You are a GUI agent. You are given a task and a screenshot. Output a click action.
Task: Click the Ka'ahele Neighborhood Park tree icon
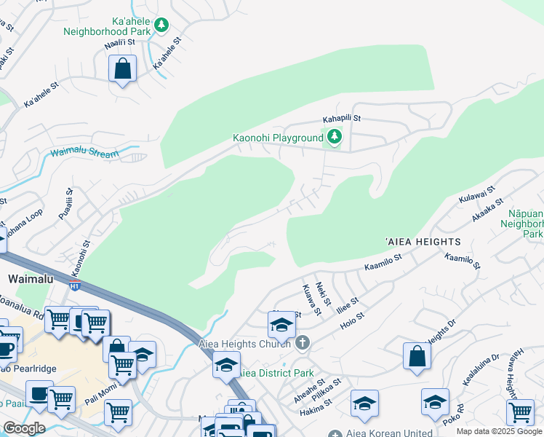[161, 25]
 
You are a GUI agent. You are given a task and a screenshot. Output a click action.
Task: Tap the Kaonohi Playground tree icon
[334, 137]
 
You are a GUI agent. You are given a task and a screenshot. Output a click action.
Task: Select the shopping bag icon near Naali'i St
[123, 70]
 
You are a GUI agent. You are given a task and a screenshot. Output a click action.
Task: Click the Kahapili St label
[342, 119]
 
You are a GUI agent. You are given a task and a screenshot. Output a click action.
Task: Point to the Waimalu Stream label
[84, 154]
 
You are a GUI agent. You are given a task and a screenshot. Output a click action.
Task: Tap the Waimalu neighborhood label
[28, 279]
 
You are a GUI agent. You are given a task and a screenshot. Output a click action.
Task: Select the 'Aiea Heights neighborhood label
[423, 241]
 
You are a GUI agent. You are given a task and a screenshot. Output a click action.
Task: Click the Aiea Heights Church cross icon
[302, 343]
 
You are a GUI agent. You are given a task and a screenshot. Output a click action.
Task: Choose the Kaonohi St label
[86, 256]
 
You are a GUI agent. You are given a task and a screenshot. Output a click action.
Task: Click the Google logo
[24, 428]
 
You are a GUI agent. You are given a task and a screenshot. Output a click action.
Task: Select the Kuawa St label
[309, 299]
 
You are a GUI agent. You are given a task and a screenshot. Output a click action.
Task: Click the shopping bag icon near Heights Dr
[417, 357]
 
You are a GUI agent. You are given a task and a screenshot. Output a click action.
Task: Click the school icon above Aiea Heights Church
[281, 324]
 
